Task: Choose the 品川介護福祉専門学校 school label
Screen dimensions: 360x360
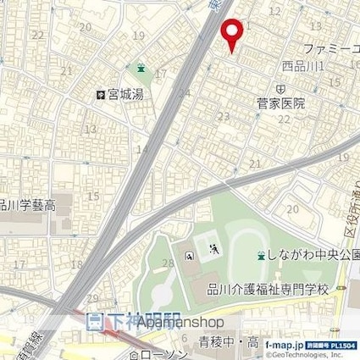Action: pyautogui.click(x=278, y=288)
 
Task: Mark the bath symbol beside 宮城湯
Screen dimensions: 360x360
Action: pyautogui.click(x=100, y=95)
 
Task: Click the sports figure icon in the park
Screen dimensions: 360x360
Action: pyautogui.click(x=214, y=248)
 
